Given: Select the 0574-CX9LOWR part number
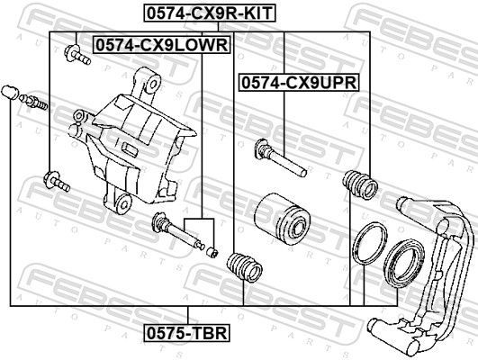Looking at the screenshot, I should [x=161, y=44].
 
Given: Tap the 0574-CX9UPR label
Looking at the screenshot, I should [x=299, y=82].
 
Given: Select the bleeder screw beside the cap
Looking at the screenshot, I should [x=36, y=101].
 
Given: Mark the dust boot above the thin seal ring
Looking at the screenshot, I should [x=358, y=184].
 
